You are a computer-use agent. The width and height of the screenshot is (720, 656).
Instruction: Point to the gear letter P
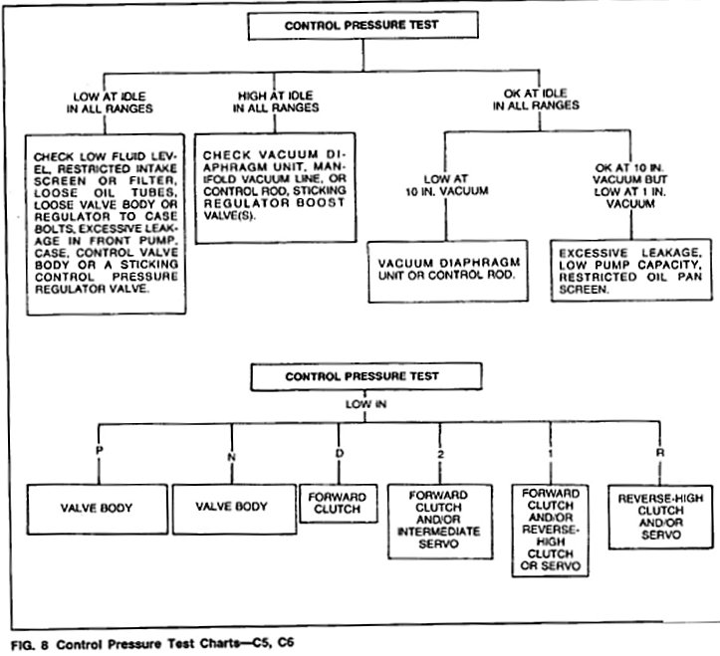tap(98, 450)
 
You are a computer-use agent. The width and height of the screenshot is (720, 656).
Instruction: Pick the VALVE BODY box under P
tap(98, 507)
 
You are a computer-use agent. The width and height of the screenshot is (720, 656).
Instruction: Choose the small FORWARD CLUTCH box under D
tap(339, 504)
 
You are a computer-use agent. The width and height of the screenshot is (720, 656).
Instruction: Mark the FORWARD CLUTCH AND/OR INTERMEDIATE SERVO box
tap(437, 518)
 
